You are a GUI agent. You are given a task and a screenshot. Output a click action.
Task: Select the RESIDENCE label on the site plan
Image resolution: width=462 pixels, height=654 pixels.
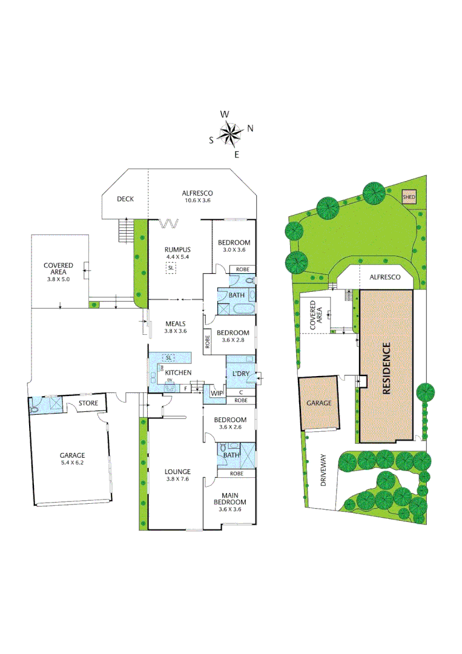386,369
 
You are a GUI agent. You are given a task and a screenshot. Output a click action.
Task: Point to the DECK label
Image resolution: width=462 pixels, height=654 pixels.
125,199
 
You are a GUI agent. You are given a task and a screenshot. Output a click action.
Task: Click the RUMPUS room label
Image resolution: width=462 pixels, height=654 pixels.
178,249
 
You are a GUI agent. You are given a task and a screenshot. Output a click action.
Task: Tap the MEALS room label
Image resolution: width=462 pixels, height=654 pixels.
176,323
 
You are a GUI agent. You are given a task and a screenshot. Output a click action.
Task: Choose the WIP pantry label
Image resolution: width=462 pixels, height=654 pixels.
216,393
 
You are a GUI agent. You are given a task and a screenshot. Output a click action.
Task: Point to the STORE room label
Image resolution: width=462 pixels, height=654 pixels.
88,403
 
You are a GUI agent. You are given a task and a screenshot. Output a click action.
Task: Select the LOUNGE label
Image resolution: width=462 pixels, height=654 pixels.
178,471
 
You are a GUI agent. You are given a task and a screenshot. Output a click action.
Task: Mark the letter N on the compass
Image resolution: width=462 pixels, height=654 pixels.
250,128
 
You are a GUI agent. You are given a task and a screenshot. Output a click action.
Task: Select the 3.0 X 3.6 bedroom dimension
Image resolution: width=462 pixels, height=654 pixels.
233,249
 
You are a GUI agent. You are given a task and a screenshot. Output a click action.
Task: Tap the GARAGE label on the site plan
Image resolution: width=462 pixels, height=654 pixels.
319,402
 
